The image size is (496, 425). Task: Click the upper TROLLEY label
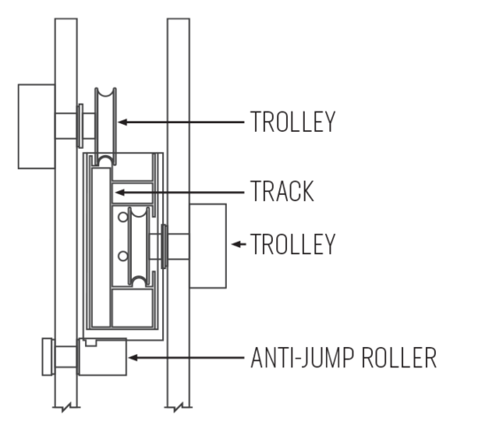coord(292,122)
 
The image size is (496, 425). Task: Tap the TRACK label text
coord(282,191)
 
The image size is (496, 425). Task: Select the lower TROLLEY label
coord(292,243)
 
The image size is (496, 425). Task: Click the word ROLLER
coord(399,358)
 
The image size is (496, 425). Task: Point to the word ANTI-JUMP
coord(302,358)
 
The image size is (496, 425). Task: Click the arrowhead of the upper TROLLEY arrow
coord(123,122)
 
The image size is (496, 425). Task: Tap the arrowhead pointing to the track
coord(120,192)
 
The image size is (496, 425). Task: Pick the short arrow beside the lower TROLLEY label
coord(238,244)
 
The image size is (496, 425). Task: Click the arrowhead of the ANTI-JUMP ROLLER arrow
coord(133,358)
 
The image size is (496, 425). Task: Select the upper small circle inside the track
coord(123,217)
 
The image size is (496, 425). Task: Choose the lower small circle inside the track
coord(123,256)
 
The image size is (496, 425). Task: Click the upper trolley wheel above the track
coord(105,127)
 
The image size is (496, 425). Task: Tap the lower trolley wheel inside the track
coord(139,247)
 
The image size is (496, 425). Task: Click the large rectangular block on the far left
coord(36,127)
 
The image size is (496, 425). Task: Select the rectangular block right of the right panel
coord(208,246)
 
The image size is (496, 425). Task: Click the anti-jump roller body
coord(103,357)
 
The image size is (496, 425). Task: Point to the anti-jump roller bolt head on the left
coord(48,357)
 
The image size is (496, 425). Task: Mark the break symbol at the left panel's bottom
coord(66,407)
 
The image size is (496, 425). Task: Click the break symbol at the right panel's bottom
coord(178,407)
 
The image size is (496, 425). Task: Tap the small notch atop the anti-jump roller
coord(90,343)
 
